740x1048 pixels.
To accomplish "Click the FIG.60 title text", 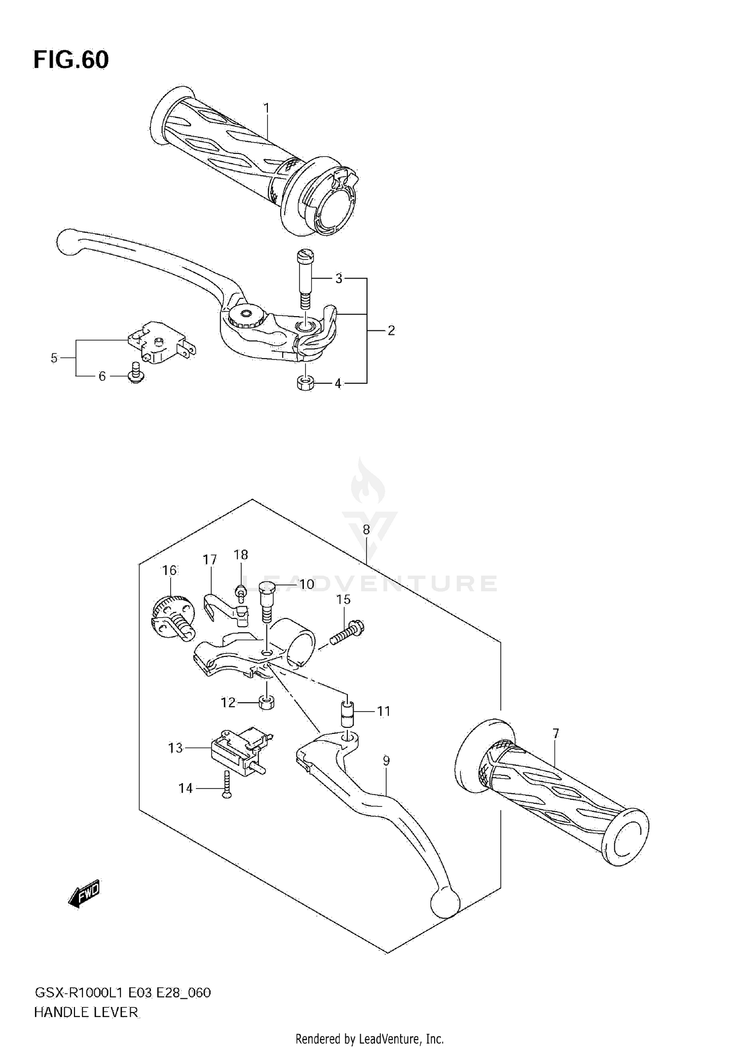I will point(71,60).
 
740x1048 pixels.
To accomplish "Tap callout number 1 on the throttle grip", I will point(266,108).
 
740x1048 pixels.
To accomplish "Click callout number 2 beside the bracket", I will point(391,330).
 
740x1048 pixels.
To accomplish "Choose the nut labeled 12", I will point(267,702).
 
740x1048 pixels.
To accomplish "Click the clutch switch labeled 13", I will point(237,750).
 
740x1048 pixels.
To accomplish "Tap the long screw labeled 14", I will point(226,788).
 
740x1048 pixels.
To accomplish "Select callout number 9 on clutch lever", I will point(386,761).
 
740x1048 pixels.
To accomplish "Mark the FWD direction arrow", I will point(84,893).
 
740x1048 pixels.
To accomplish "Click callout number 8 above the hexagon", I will point(366,530).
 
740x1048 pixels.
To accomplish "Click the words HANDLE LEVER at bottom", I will point(86,1012).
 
